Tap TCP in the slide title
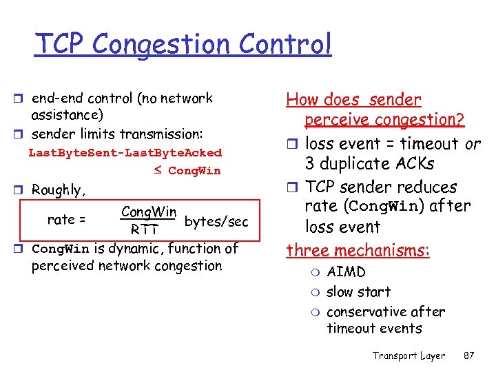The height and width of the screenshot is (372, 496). [x=61, y=44]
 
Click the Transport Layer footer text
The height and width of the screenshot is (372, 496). [x=409, y=355]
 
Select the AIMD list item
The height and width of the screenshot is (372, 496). [x=346, y=272]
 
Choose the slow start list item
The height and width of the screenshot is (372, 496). [x=358, y=292]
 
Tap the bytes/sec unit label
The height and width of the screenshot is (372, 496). [x=216, y=221]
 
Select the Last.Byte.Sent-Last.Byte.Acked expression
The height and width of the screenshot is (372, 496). [x=125, y=152]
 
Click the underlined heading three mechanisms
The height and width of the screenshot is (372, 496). [x=358, y=249]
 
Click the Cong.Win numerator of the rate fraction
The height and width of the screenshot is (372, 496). [x=148, y=211]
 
